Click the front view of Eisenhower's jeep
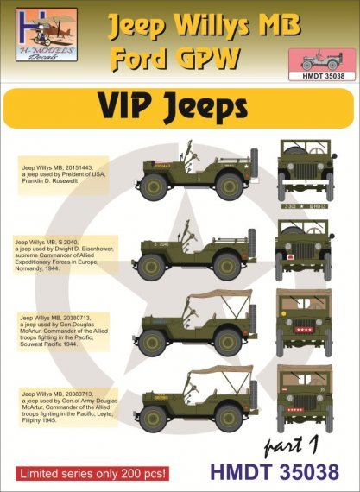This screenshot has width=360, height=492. click(302, 250)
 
